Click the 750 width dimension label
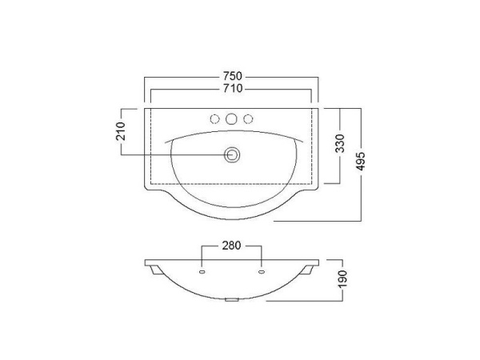click(232, 76)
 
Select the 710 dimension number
click(232, 89)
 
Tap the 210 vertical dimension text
click(121, 131)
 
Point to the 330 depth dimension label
click(340, 143)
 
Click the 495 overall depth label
click(362, 161)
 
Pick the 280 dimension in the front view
click(231, 246)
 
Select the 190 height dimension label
click(343, 279)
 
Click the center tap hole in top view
click(231, 118)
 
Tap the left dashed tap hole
click(215, 119)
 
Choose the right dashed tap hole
click(248, 119)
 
